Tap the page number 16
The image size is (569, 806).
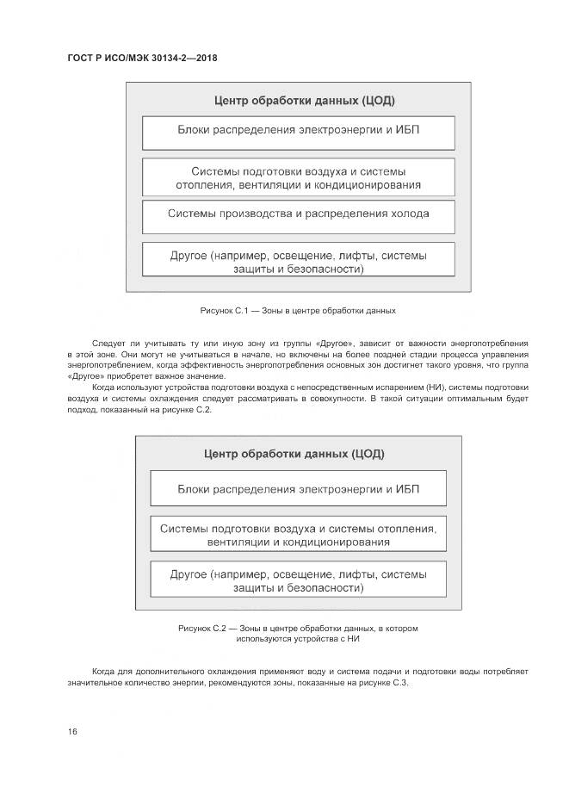pos(72,731)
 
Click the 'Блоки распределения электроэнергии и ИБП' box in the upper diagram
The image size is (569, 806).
pos(299,132)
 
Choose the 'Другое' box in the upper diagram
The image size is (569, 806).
pos(299,261)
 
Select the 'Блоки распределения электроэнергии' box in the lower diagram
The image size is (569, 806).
pos(299,487)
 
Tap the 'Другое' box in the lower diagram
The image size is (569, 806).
pos(299,580)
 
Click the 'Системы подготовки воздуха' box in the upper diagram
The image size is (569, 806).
pos(299,177)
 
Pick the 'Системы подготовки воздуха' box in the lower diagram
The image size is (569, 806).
pos(299,534)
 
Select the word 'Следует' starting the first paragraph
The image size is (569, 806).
pos(108,343)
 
